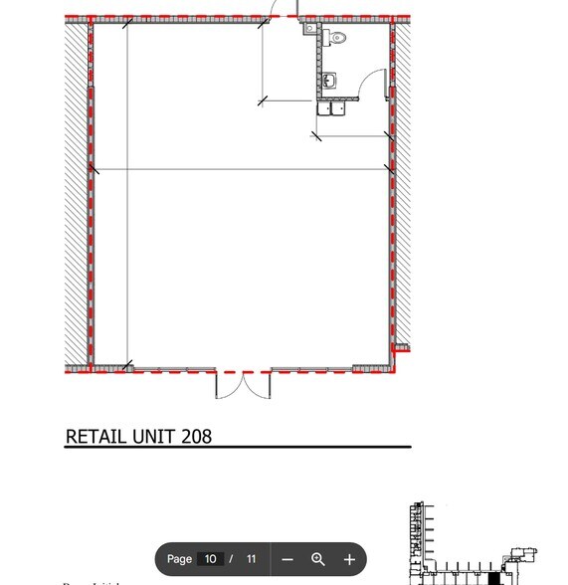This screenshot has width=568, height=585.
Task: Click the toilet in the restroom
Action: coord(337,39)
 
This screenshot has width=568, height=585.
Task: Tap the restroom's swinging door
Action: coord(373,83)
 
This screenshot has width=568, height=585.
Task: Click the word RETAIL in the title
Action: coord(96,437)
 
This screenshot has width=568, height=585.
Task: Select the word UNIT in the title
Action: coord(156,437)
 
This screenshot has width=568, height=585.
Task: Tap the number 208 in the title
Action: coord(197,437)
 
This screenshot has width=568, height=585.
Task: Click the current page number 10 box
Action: coord(210,559)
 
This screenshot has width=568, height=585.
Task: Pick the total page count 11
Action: coord(251,559)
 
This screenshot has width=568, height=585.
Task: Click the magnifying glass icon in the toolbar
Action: coord(318,559)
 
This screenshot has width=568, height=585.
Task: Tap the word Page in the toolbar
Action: coord(179,559)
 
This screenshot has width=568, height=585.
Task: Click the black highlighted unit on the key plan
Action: coord(493,578)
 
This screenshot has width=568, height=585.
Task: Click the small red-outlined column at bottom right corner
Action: coord(401,347)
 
